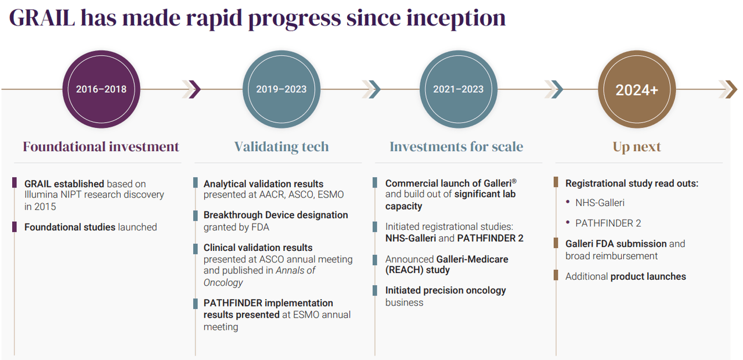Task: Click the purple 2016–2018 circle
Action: tap(101, 89)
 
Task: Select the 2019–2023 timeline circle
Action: tap(282, 89)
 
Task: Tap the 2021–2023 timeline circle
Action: tap(458, 89)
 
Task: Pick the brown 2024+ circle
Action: tap(637, 89)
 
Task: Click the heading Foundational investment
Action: tap(101, 147)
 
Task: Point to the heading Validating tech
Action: tap(282, 147)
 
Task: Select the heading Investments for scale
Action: tap(456, 147)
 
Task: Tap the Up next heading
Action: tap(637, 147)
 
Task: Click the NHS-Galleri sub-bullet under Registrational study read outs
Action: tap(600, 203)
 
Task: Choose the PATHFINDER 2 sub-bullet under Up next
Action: tap(608, 223)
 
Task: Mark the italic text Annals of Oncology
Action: tap(259, 276)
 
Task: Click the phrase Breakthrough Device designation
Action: tap(276, 215)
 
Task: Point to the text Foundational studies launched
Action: tap(91, 227)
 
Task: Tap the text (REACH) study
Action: tap(417, 270)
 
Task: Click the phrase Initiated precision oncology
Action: tap(445, 290)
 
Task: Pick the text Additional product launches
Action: tap(625, 276)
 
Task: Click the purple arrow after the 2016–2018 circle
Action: tap(194, 89)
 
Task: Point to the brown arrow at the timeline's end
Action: tap(729, 89)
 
